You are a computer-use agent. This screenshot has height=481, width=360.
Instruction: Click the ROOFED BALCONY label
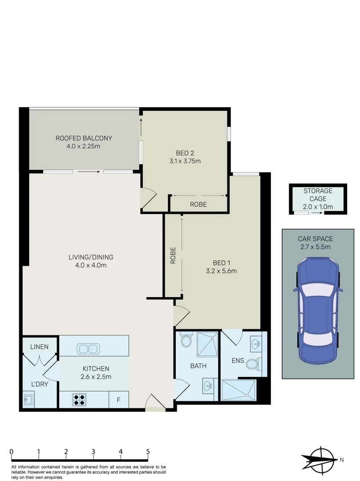[x=84, y=138]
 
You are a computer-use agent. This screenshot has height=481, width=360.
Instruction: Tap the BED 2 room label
[x=185, y=153]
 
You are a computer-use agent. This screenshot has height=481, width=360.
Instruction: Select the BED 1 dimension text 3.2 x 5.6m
[x=221, y=271]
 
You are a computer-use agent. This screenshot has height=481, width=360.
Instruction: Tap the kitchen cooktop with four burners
[x=80, y=399]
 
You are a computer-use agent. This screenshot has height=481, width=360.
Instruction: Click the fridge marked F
[x=119, y=400]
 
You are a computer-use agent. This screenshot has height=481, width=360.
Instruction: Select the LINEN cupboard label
[x=40, y=346]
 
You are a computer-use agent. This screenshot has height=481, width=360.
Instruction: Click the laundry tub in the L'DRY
[x=29, y=399]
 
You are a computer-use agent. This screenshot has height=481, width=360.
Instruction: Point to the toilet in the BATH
[x=186, y=341]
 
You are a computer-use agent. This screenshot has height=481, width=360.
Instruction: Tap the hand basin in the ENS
[x=256, y=343]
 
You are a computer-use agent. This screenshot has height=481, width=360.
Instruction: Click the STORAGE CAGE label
[x=318, y=195]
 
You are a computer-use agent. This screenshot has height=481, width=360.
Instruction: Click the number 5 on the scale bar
[x=148, y=452]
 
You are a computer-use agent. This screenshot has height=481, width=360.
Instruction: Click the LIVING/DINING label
[x=91, y=257]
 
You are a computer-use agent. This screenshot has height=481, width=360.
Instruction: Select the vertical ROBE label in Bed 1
[x=173, y=256]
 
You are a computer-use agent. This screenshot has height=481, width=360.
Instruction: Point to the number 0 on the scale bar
[x=11, y=452]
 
